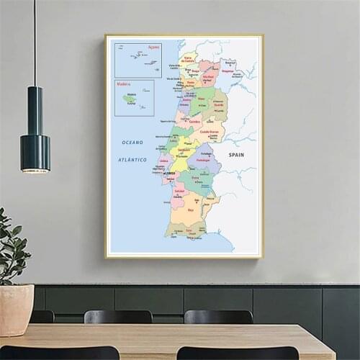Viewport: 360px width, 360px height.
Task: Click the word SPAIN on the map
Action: coord(236,155)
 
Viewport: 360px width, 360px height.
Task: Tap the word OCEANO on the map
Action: coord(132,143)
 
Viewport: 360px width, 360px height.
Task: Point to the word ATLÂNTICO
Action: coord(132,159)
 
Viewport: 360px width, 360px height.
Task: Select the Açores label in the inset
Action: coord(153,47)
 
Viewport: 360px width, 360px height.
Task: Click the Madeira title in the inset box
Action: coord(122,84)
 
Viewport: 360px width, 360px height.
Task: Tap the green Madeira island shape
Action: coord(130,99)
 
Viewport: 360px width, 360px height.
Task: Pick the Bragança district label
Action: coord(228,71)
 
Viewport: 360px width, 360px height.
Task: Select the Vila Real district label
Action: coord(209,76)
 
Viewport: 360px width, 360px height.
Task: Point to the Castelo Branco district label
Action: coord(210,132)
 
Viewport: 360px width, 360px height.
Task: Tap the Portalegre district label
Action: coord(203,160)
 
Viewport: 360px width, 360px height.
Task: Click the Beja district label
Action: coord(192,210)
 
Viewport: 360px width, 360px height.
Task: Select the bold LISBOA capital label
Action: coord(169,174)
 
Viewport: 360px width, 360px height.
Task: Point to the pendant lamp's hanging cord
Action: coord(35,43)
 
